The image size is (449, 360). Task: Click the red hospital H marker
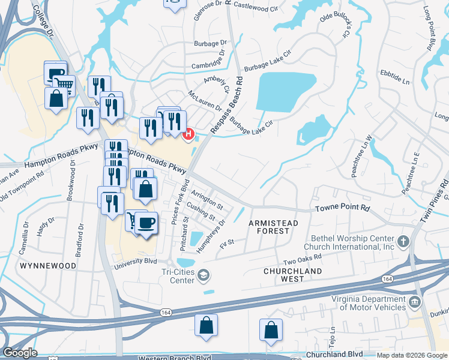[x=189, y=134]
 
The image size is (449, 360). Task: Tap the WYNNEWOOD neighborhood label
[x=47, y=265]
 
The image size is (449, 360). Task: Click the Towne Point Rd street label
[x=342, y=208]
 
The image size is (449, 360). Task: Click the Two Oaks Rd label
[x=303, y=259]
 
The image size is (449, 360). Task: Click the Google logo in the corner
[x=20, y=353]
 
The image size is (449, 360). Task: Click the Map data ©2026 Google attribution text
[x=411, y=355]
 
